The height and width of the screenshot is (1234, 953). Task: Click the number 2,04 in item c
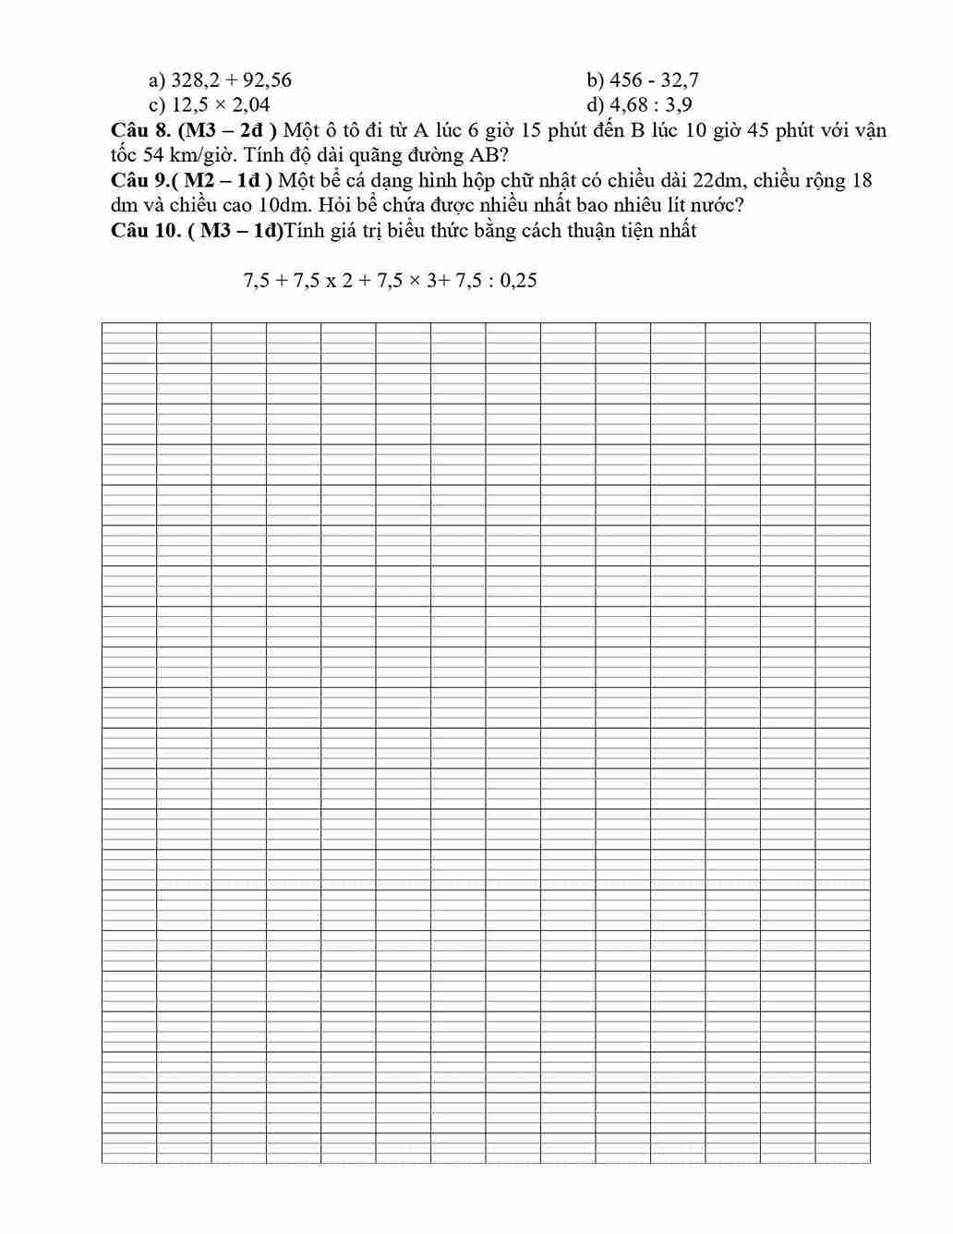(x=247, y=105)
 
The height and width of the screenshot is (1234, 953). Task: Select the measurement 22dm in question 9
(x=708, y=180)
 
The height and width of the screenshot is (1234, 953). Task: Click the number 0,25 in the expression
(x=517, y=281)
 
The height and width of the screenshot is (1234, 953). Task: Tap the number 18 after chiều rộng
(x=862, y=180)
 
